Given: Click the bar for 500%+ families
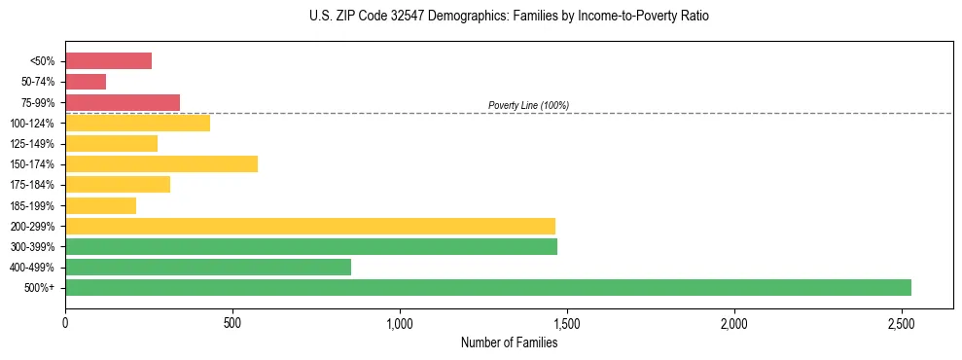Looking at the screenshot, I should [487, 287].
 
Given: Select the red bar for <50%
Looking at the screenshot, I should [108, 61].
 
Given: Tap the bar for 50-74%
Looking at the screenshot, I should [86, 82].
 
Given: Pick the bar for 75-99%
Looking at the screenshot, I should [123, 102].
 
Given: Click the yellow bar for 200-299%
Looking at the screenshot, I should [309, 226].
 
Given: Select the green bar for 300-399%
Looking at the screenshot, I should [310, 246].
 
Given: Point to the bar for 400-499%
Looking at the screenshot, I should [207, 267].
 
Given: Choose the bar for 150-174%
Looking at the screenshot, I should [161, 163].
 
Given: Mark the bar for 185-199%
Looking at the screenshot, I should [100, 205].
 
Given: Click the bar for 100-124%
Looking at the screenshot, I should [137, 123].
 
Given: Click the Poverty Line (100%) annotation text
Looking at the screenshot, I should [528, 105].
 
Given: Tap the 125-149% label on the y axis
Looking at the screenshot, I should [32, 144].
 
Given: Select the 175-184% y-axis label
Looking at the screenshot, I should [32, 185].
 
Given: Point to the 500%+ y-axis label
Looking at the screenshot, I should [40, 288].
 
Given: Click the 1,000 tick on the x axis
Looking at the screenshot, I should [400, 322].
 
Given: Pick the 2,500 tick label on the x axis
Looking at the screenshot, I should [901, 322].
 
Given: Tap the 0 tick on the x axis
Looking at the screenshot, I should [65, 322].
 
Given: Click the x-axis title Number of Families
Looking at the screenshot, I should [509, 342].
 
